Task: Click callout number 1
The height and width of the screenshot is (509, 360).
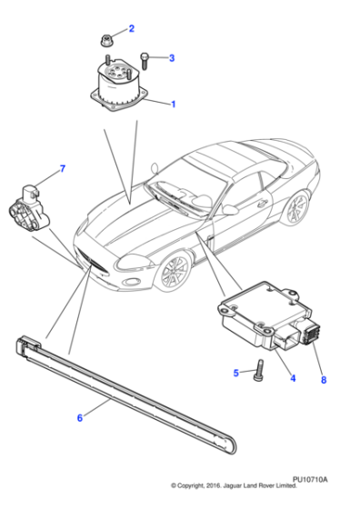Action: (x=173, y=105)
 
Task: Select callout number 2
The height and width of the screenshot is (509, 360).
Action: (x=131, y=29)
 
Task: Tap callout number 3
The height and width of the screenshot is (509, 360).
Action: (x=171, y=58)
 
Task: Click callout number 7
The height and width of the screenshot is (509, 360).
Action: (x=63, y=168)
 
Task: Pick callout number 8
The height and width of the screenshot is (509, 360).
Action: (x=323, y=381)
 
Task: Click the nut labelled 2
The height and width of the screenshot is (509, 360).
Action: (x=105, y=41)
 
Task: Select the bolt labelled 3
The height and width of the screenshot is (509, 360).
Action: (x=145, y=59)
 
